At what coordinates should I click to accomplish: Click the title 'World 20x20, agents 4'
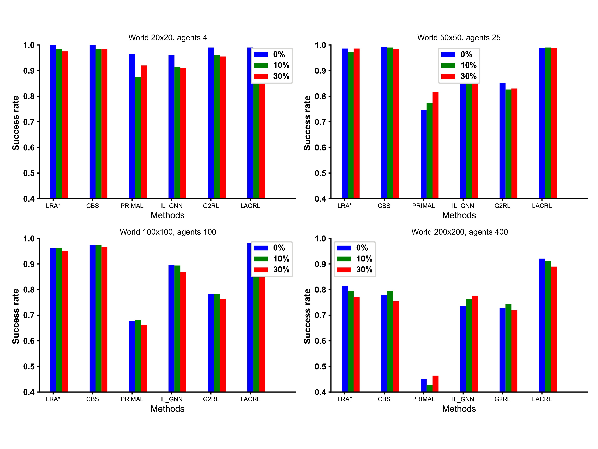(168, 38)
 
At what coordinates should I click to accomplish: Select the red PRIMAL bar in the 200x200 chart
(435, 384)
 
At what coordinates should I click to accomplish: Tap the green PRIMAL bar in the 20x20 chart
(138, 138)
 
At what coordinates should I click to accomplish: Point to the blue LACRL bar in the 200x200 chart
(542, 325)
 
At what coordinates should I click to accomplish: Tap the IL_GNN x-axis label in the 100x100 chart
(171, 399)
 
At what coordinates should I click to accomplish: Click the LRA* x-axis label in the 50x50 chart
(344, 206)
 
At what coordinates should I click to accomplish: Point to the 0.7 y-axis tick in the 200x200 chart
(320, 315)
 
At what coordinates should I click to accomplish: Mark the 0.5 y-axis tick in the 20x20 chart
(29, 173)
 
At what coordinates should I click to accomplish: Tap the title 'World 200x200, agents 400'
(459, 232)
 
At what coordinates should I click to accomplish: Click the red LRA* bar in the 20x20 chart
(65, 124)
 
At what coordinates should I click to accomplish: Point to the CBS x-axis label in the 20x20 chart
(92, 206)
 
